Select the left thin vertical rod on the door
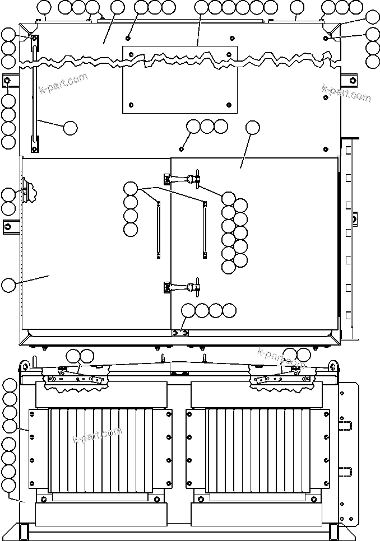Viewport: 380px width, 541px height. [x=159, y=230]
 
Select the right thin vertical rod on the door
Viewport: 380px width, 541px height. [x=205, y=230]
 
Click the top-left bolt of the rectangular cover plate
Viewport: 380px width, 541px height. [x=130, y=54]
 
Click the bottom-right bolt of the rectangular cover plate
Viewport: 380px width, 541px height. [x=229, y=105]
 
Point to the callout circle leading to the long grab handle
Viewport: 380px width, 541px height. [x=70, y=128]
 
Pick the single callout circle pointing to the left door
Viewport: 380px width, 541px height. [x=8, y=285]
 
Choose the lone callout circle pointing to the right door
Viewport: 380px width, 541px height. [x=252, y=128]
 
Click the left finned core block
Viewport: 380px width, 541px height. [x=101, y=451]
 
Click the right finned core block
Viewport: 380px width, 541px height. [x=257, y=451]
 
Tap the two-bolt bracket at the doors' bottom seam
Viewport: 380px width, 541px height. [x=179, y=333]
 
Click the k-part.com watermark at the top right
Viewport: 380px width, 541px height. [x=346, y=93]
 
